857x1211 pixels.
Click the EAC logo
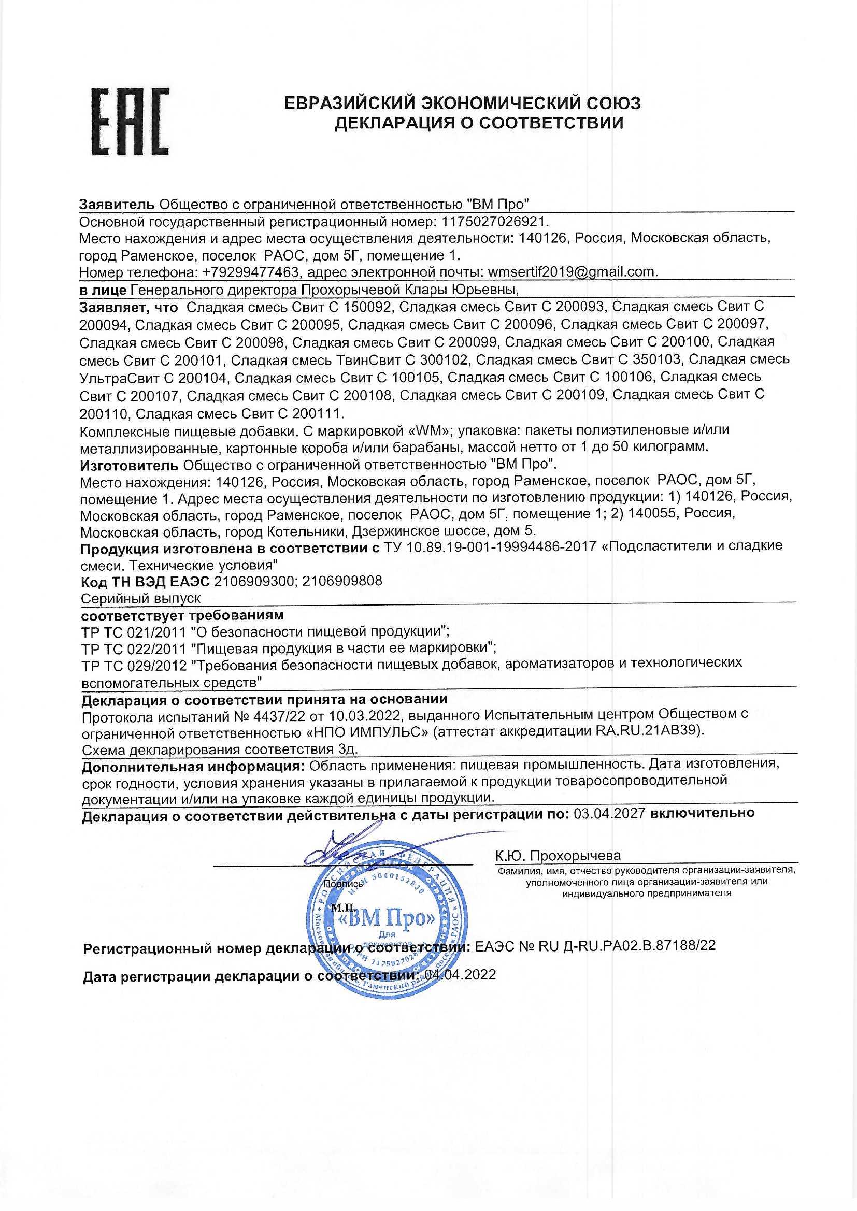pos(131,122)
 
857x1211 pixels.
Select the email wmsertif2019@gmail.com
pos(573,272)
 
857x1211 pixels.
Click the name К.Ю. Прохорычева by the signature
pos(558,856)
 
